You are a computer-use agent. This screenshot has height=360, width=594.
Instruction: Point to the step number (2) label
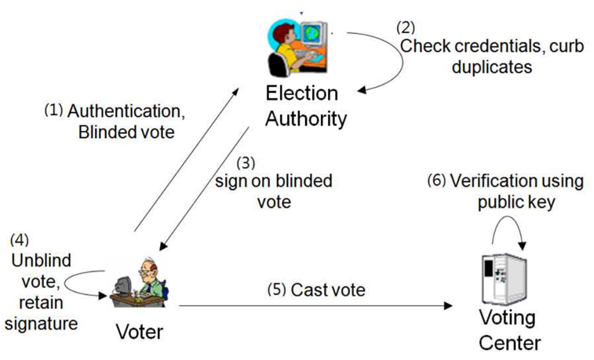(x=406, y=27)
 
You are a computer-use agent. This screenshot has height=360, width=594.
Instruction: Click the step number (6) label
(x=438, y=181)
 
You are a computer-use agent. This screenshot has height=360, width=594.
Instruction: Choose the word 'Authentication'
(x=130, y=112)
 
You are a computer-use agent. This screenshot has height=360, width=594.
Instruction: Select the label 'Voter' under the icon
(x=138, y=332)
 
